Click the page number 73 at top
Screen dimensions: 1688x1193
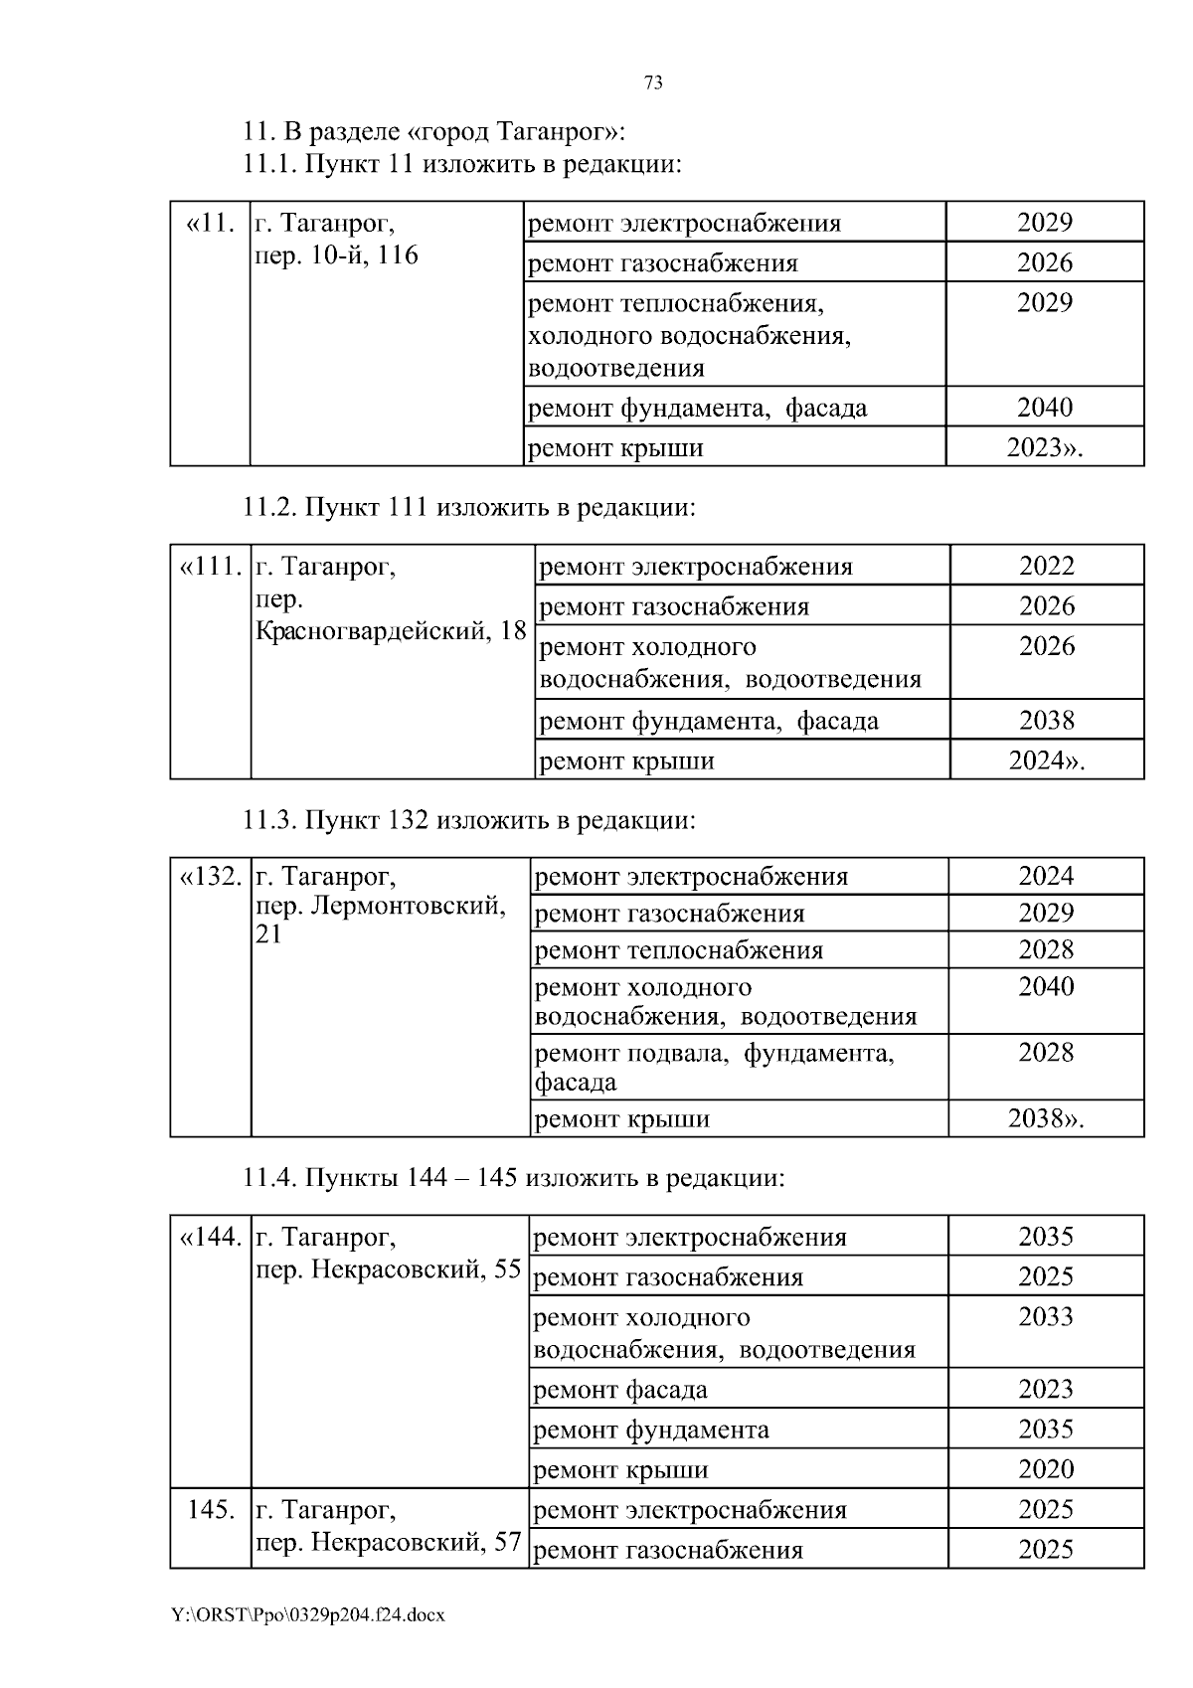point(653,84)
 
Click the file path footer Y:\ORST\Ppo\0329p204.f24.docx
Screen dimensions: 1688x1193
point(307,1615)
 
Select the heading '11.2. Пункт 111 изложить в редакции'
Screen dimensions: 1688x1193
point(468,507)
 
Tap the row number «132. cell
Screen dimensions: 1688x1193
point(210,877)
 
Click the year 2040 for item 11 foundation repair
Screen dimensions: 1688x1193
point(1044,408)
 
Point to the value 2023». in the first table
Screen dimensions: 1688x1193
point(1044,448)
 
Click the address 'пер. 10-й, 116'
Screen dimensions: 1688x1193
point(337,255)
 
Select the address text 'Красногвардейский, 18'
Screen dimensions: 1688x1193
point(391,631)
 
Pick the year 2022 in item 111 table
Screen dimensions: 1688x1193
point(1046,566)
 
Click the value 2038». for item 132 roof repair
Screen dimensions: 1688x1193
point(1046,1119)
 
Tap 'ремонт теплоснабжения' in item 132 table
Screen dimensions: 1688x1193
point(679,950)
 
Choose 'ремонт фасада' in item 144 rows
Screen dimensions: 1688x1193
point(620,1390)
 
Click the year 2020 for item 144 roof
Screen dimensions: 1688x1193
point(1046,1469)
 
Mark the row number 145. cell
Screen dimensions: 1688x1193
point(211,1510)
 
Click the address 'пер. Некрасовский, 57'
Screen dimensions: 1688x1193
point(389,1543)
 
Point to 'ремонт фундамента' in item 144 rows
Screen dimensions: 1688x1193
point(651,1430)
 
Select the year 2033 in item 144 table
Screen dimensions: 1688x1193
point(1046,1317)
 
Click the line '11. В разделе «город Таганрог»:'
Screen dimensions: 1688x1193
point(434,131)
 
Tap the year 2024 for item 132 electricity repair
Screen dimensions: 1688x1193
point(1046,876)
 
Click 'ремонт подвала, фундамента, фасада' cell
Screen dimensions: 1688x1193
point(714,1067)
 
